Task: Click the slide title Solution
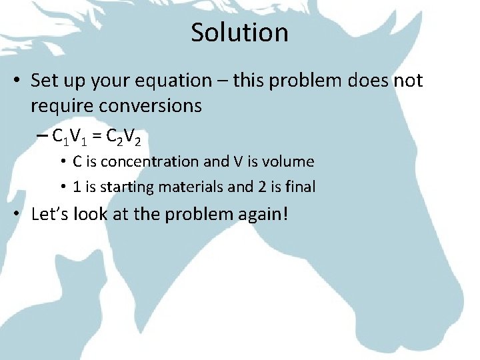(x=239, y=33)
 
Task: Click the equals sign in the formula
(x=97, y=136)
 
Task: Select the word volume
(x=291, y=161)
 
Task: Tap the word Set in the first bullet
(x=45, y=81)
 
